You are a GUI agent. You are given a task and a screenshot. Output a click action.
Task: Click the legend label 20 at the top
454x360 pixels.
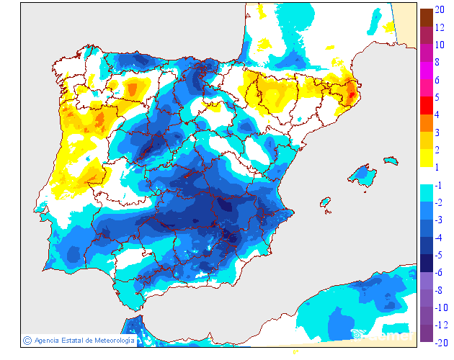[x=439, y=9]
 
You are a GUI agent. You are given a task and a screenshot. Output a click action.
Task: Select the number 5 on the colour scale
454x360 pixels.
[x=437, y=96]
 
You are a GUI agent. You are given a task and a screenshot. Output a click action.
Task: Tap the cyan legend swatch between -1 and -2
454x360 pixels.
[x=426, y=193]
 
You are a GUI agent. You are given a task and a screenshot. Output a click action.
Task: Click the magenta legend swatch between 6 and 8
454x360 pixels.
[x=426, y=71]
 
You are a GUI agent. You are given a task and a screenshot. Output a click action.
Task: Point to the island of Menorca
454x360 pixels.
[x=391, y=159]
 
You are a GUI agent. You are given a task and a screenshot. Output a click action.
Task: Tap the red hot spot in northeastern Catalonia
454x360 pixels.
[x=351, y=91]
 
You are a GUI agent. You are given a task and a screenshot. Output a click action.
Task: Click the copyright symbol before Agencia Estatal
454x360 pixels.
[x=27, y=340]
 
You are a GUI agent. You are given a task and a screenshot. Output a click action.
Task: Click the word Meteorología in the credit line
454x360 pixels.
[x=110, y=340]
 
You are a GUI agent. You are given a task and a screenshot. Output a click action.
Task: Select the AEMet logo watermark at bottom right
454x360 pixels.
[x=382, y=334]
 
